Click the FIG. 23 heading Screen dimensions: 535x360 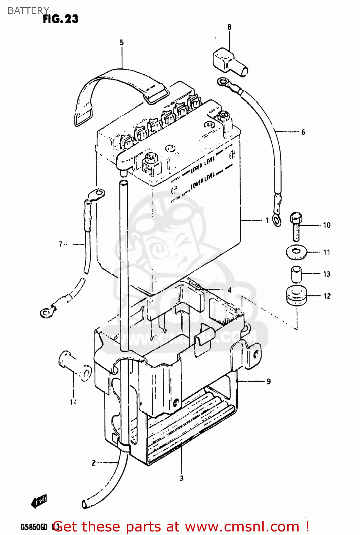(x=60, y=19)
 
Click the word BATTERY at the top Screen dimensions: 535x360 (x=28, y=11)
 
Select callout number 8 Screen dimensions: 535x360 (x=229, y=27)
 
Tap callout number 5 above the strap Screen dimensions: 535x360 (x=122, y=42)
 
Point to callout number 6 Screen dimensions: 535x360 (x=303, y=132)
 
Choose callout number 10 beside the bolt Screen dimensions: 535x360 (x=326, y=225)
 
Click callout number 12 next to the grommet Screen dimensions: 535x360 (x=327, y=296)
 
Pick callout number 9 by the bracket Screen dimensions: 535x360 (x=268, y=381)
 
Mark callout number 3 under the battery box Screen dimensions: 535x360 (x=181, y=478)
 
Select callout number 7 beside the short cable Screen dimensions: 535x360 (x=61, y=244)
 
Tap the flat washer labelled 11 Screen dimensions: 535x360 (x=296, y=252)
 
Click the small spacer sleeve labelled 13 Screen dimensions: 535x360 (x=296, y=274)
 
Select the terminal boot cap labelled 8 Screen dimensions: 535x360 (x=229, y=62)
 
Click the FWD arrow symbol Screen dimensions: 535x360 (x=39, y=501)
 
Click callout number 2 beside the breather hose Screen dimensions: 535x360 (x=93, y=463)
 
